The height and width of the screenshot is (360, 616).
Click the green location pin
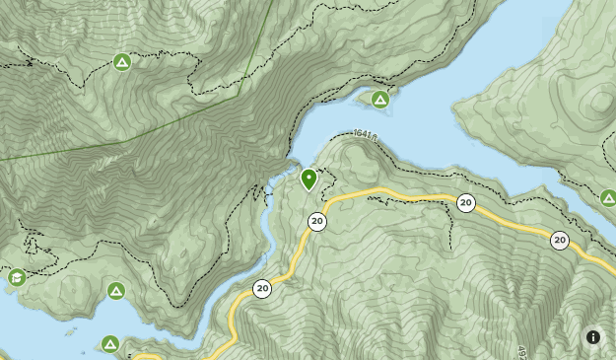(x=308, y=179)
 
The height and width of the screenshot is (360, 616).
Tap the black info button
(x=593, y=337)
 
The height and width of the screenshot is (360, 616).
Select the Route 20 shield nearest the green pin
(x=316, y=221)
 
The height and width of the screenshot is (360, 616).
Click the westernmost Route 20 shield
(x=262, y=289)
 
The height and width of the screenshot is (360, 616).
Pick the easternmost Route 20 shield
(x=560, y=240)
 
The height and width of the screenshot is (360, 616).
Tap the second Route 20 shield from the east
(x=466, y=203)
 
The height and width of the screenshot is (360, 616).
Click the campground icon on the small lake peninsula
(x=380, y=99)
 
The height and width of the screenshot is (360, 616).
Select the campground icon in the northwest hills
(x=122, y=62)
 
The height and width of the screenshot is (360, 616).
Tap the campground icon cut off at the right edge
(x=608, y=198)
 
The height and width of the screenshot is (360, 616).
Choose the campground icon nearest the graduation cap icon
(x=116, y=291)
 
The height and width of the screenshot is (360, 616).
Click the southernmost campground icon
(x=110, y=344)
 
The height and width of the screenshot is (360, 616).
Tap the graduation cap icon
(x=17, y=277)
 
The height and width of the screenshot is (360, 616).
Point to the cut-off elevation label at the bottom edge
(x=520, y=352)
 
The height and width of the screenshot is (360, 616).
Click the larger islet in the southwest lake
(x=71, y=331)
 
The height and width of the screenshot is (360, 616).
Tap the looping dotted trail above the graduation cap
(x=31, y=243)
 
